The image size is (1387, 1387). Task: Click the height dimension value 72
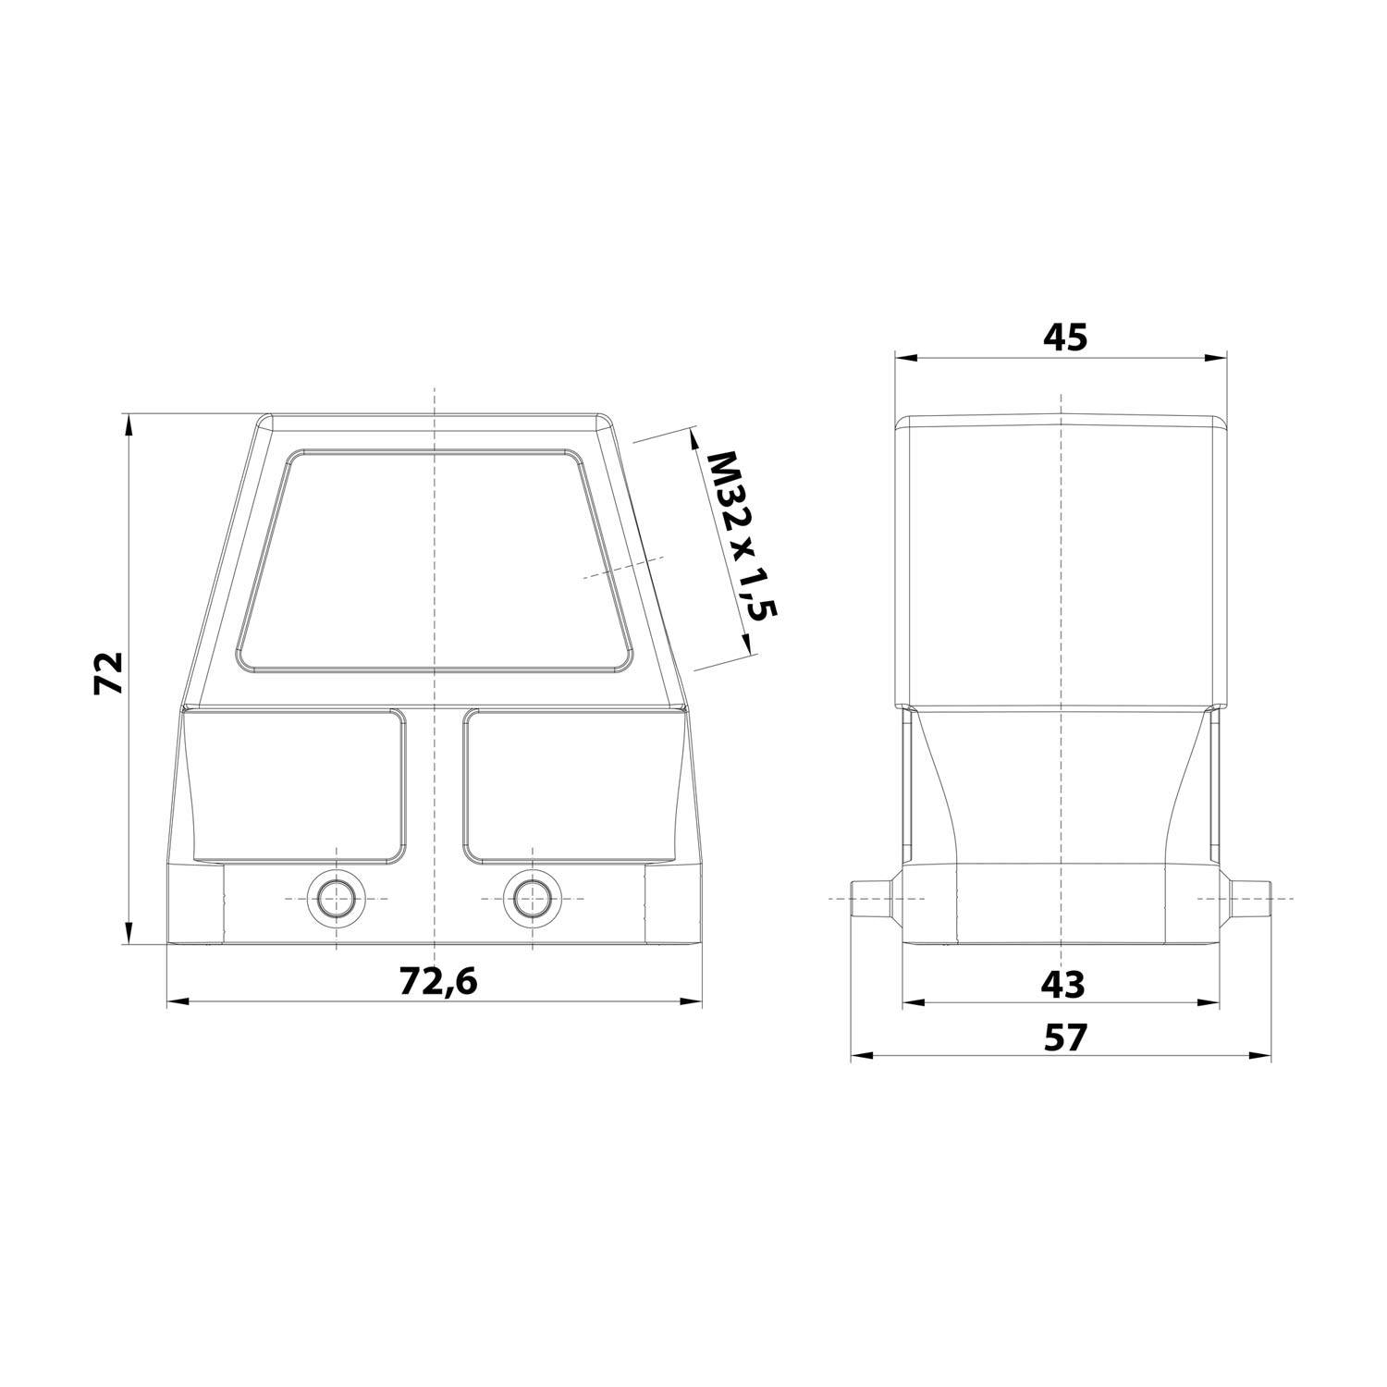tap(109, 672)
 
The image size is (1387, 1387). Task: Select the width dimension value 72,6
tap(438, 981)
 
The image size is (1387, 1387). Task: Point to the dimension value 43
tap(1062, 984)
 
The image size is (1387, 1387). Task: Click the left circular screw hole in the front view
tap(336, 898)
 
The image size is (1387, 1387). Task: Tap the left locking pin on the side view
tap(872, 898)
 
